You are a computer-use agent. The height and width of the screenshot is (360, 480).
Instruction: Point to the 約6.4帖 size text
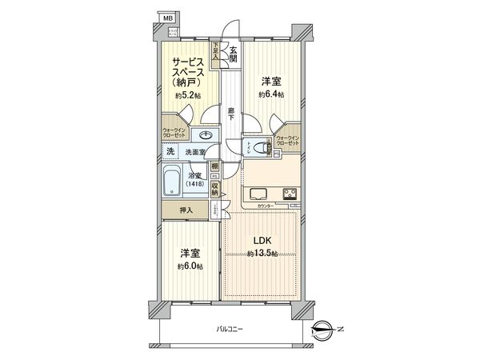(x=270, y=94)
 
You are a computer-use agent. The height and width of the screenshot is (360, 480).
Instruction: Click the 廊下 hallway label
(x=230, y=114)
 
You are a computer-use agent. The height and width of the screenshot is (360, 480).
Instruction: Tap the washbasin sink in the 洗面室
(x=207, y=135)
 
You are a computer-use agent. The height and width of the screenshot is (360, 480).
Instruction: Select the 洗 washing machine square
(x=170, y=151)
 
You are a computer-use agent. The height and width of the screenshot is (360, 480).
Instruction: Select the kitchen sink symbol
(x=260, y=193)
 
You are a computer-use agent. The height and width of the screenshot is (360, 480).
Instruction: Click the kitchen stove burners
(x=290, y=193)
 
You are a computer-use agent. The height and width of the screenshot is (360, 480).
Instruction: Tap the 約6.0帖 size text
(x=190, y=266)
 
